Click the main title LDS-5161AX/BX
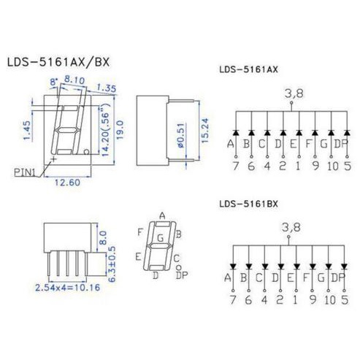[58, 62]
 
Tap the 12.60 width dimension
[67, 183]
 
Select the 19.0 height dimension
[120, 130]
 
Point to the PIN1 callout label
[25, 172]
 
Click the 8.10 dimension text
[74, 80]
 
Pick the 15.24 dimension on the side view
[205, 131]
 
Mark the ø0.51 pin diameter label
[181, 134]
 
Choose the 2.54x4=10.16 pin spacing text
[68, 288]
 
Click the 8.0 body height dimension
[103, 238]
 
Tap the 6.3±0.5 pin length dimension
[112, 264]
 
